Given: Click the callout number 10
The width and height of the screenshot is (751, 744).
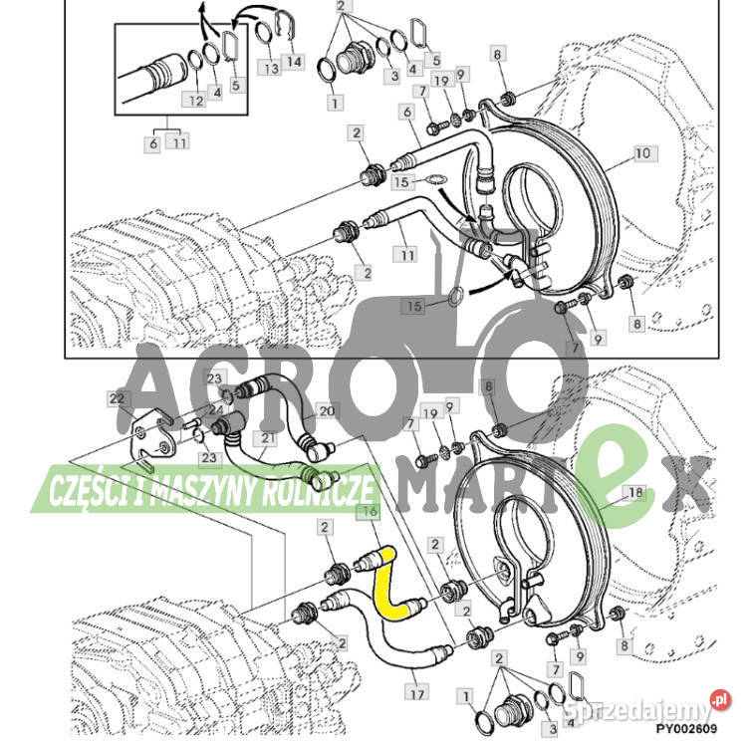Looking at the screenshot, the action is [642, 153].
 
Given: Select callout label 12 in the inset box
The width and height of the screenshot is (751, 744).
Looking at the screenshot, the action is [196, 101].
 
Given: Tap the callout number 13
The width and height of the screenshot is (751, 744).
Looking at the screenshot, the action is [271, 69].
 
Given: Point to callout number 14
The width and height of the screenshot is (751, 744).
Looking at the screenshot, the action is [294, 62].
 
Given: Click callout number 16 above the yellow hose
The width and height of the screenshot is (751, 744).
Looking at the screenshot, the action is [370, 512].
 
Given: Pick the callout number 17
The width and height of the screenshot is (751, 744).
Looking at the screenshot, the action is [416, 693].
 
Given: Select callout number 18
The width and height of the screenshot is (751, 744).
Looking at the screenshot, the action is [635, 492].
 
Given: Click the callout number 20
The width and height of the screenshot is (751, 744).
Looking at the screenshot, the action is [327, 411].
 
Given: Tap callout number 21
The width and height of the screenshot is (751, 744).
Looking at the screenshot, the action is [267, 438].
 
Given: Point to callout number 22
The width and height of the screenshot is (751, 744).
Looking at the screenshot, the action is [117, 398].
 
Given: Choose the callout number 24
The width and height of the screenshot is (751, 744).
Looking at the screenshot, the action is [215, 409].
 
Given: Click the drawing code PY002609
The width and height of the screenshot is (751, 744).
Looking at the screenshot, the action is [687, 729].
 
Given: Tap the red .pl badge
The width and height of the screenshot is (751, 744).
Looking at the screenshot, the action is [720, 700].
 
